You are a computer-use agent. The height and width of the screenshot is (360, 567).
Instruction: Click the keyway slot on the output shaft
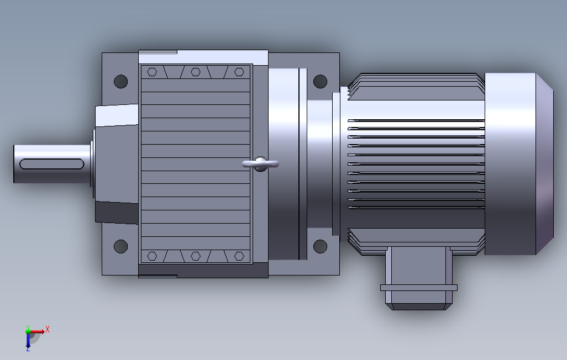coord(52,164)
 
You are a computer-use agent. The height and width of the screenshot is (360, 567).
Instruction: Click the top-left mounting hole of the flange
coord(121,81)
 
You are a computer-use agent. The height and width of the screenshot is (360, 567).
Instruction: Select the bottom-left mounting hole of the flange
coord(121,246)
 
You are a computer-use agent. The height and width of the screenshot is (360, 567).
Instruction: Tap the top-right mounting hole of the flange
coord(320,81)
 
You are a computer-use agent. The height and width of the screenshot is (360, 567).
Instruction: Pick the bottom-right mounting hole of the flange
coord(320,246)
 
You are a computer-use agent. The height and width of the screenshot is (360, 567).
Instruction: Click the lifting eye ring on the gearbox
coord(260,164)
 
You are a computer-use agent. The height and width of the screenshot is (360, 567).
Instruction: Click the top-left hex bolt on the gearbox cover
coord(152,72)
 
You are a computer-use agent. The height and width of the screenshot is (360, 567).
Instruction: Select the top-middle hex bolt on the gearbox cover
coord(196,72)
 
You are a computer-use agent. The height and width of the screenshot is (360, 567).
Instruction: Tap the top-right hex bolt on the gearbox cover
coord(239,72)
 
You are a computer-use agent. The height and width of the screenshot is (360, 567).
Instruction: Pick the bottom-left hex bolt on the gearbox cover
coord(152,256)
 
